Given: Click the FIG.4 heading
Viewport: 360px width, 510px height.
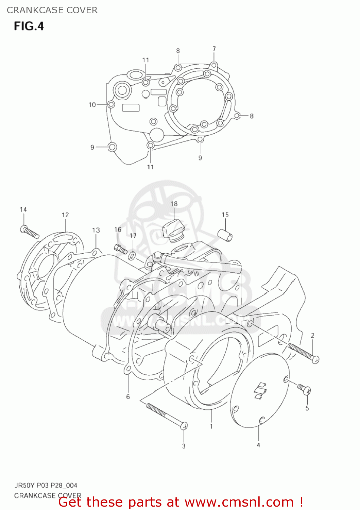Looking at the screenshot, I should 29,26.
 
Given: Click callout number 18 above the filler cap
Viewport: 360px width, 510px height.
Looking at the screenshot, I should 174,204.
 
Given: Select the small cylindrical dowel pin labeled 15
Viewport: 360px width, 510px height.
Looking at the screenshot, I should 225,235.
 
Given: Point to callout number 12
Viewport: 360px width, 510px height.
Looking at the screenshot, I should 65,215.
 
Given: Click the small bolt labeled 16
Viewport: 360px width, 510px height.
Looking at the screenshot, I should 121,249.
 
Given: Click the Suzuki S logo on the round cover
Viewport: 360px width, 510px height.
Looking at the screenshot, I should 261,390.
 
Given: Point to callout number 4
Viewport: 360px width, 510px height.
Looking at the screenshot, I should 258,445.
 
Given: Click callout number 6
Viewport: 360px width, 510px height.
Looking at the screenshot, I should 128,396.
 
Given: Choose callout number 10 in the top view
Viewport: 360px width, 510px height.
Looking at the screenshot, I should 92,105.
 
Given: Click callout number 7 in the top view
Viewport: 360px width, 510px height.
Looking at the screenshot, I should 214,49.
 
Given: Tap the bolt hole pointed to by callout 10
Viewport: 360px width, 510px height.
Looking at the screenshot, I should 111,104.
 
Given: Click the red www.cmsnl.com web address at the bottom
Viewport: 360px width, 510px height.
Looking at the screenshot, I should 239,502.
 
